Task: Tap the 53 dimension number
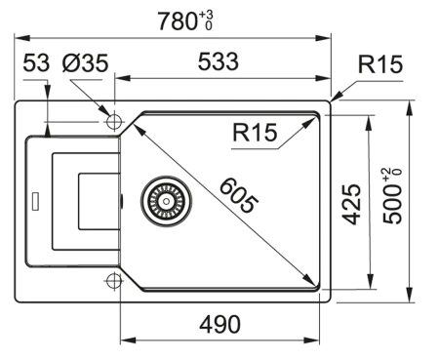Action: pyautogui.click(x=35, y=63)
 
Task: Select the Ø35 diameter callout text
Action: pyautogui.click(x=86, y=63)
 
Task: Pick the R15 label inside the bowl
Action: pyautogui.click(x=257, y=134)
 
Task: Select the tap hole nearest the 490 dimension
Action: pyautogui.click(x=113, y=281)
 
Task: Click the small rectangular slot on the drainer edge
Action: pyautogui.click(x=35, y=202)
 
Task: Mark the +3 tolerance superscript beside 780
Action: pyautogui.click(x=204, y=13)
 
